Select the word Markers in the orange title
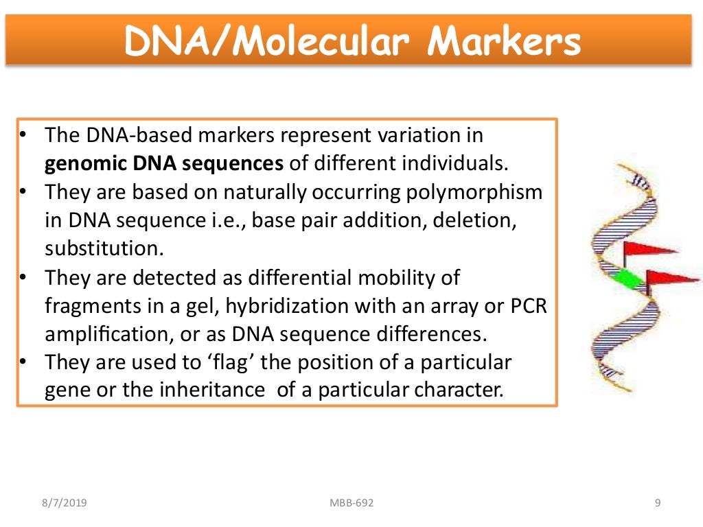pyautogui.click(x=504, y=43)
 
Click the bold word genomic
pyautogui.click(x=79, y=164)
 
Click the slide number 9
pyautogui.click(x=658, y=504)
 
